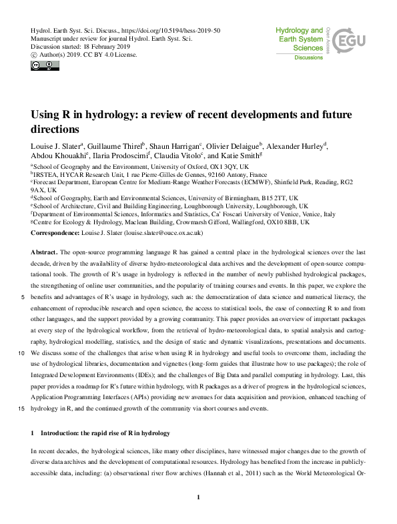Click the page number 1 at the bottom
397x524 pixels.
199,497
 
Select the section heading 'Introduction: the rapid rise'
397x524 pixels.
107,434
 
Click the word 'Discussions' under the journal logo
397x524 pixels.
309,57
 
